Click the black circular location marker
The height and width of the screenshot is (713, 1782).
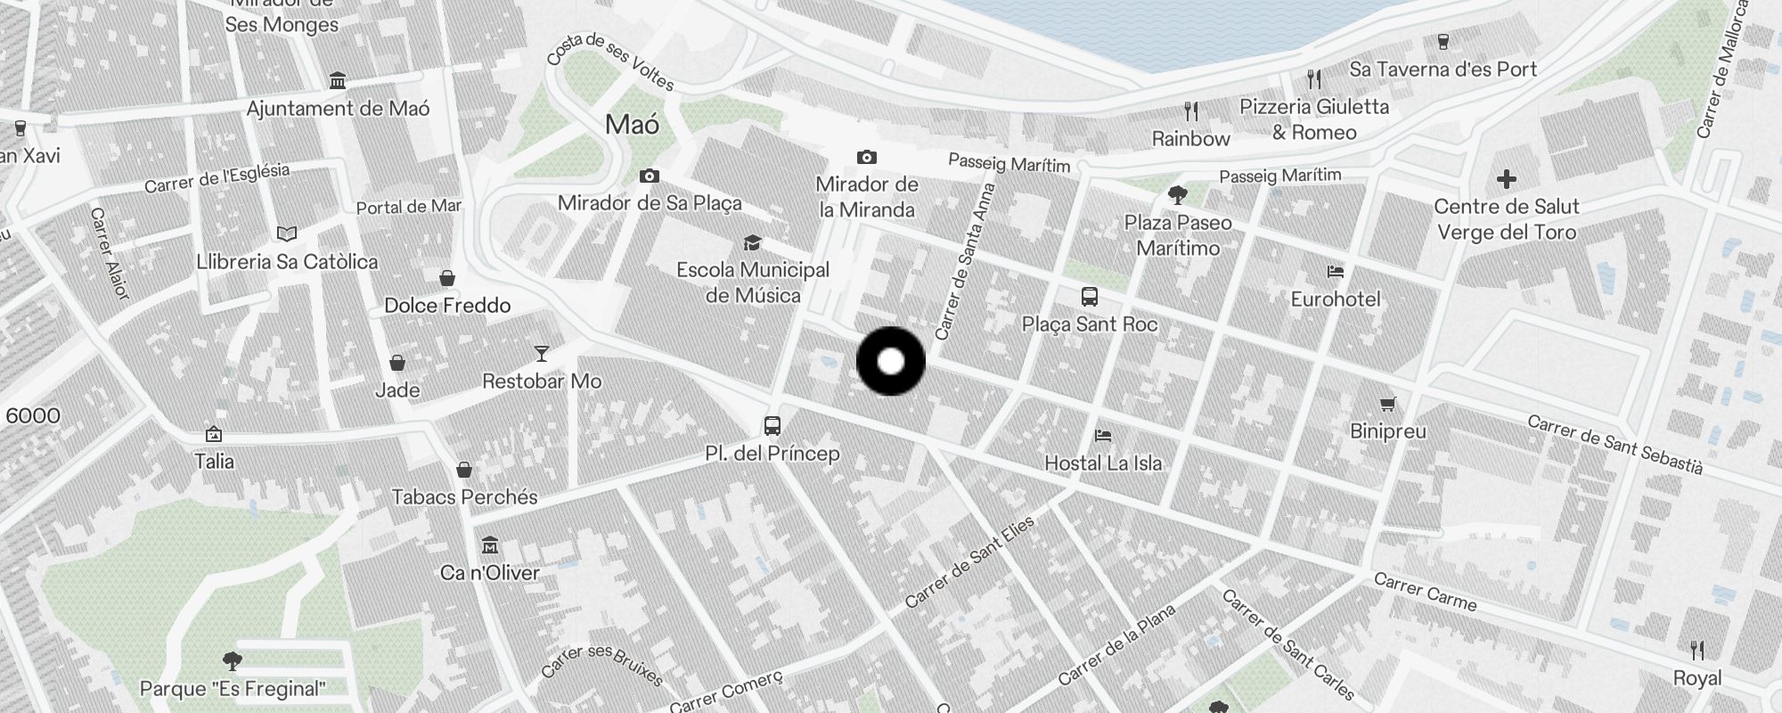coord(890,361)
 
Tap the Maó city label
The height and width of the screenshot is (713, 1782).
coord(633,125)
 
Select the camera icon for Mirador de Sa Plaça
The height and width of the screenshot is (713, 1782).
coord(650,176)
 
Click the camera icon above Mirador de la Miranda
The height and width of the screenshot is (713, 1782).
coord(866,158)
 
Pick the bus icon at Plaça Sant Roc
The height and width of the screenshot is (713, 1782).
coord(1089,297)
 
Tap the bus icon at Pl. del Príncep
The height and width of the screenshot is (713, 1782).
coord(772,426)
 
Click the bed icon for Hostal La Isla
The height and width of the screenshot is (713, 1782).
coord(1103,436)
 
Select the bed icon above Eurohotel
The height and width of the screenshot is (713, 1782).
coord(1335,272)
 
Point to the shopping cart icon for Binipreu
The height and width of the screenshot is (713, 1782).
coord(1387,405)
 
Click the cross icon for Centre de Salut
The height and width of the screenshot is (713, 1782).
coord(1507,180)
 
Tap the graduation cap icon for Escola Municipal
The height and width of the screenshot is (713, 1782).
coord(752,242)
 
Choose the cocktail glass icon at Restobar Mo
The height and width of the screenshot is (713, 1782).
coord(541,354)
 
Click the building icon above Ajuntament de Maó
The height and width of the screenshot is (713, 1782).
coord(338,81)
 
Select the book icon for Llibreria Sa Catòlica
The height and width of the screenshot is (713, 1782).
coord(287,234)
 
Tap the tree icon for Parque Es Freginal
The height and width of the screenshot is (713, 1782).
coord(233,661)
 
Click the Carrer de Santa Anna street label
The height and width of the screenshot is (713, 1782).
coord(965,262)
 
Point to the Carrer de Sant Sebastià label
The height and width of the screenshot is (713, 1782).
coord(1614,444)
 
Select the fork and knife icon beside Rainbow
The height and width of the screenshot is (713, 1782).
coord(1191,111)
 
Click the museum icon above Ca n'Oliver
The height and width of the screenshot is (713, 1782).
coord(489,545)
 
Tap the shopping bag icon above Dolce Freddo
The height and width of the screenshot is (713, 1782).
coord(447,278)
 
